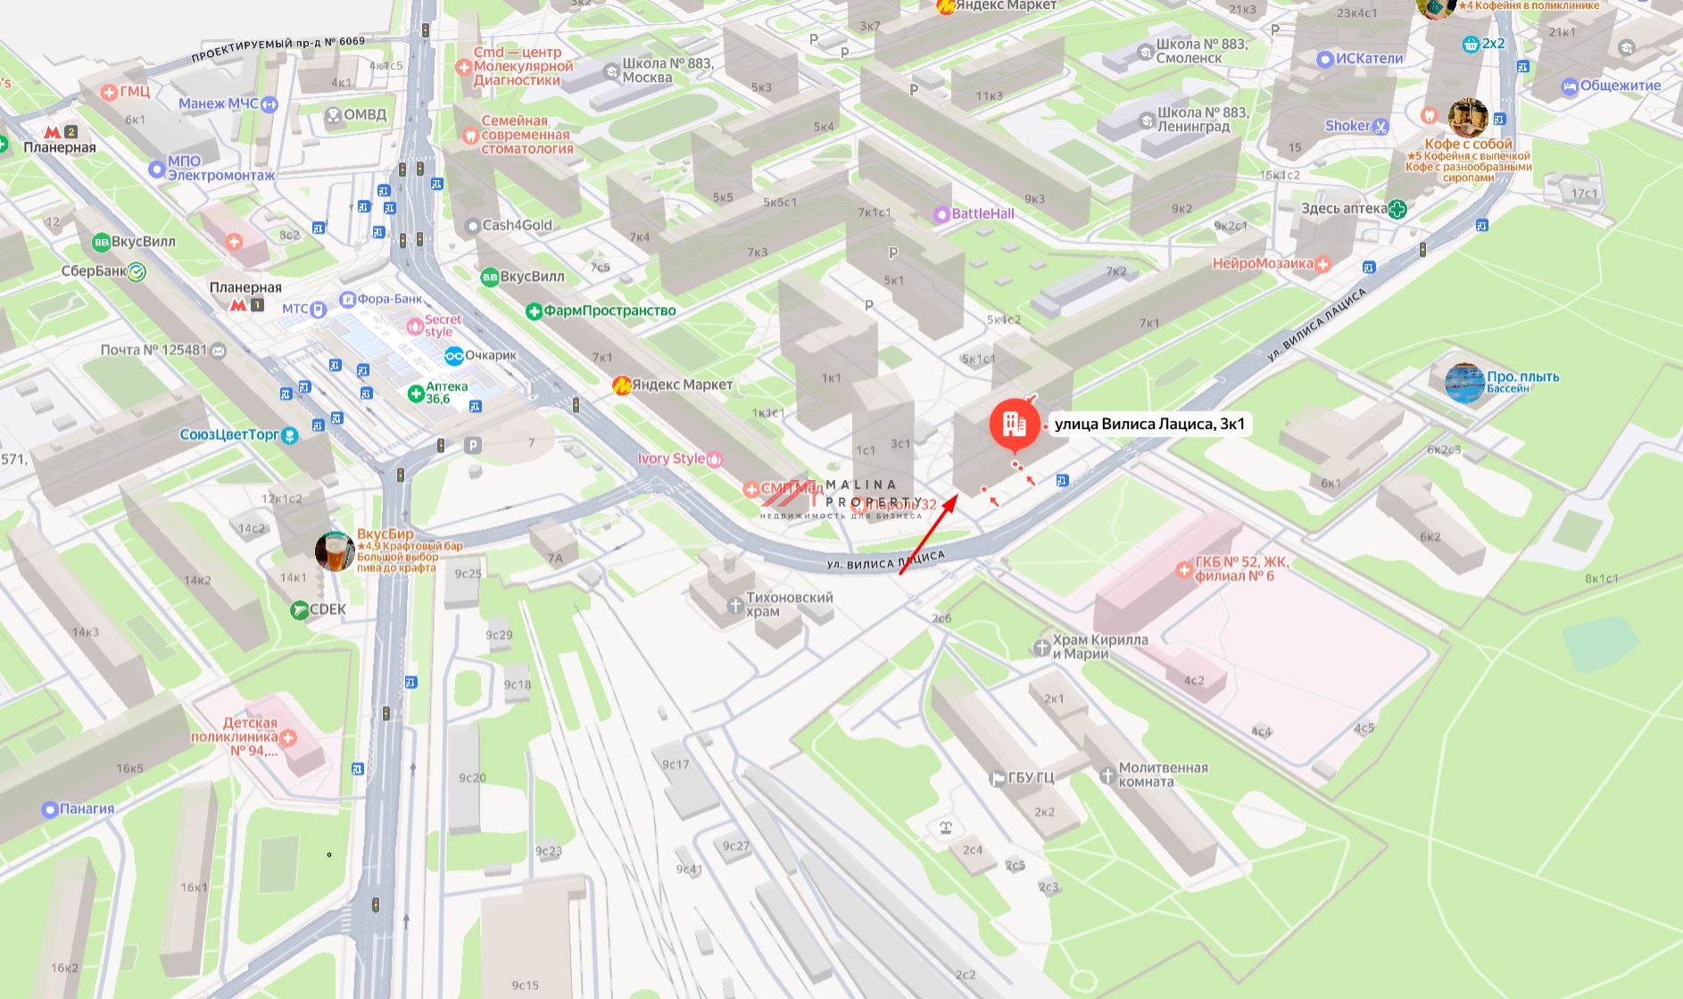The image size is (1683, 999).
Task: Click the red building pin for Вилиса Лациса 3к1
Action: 1014,425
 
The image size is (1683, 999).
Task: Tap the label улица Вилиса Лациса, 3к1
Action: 1149,424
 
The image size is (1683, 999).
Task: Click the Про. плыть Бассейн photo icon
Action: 1464,383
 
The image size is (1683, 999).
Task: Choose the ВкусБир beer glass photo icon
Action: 335,551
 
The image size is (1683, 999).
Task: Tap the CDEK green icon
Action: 300,610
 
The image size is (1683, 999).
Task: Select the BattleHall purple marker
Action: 941,214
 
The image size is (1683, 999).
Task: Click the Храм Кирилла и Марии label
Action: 1099,647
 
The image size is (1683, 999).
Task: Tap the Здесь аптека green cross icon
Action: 1397,209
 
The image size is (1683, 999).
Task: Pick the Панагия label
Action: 87,809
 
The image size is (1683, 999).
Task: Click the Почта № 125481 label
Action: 153,350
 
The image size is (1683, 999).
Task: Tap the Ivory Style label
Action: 671,458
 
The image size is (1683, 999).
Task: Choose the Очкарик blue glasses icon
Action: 453,355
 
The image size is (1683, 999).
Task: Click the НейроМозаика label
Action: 1262,263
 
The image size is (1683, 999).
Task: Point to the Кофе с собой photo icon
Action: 1467,118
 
